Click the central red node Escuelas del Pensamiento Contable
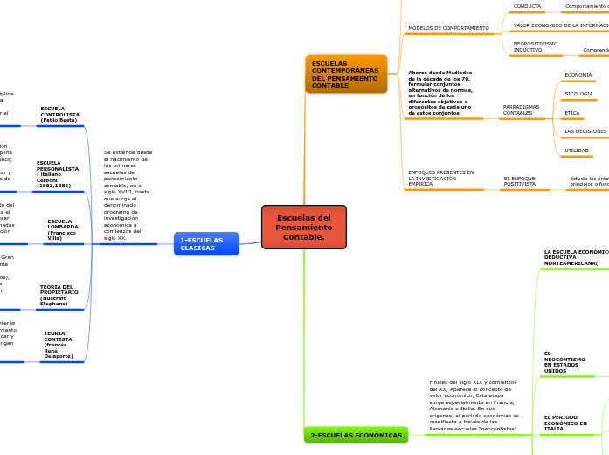pos(304,227)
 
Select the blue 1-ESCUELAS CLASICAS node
pos(206,243)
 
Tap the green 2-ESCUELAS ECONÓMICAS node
pos(356,435)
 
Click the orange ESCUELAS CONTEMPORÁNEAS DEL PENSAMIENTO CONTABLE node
pos(345,73)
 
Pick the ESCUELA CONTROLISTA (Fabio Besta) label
pos(59,114)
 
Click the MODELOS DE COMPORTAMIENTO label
pos(448,28)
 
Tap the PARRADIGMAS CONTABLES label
pos(521,109)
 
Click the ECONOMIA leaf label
pos(578,75)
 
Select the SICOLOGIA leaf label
pos(578,94)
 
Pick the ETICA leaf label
pos(571,113)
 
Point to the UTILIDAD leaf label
pos(576,150)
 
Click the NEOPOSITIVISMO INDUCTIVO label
pos(535,46)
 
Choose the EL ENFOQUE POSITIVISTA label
pos(519,181)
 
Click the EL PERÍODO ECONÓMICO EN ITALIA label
pos(565,423)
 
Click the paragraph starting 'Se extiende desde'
pos(128,195)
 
